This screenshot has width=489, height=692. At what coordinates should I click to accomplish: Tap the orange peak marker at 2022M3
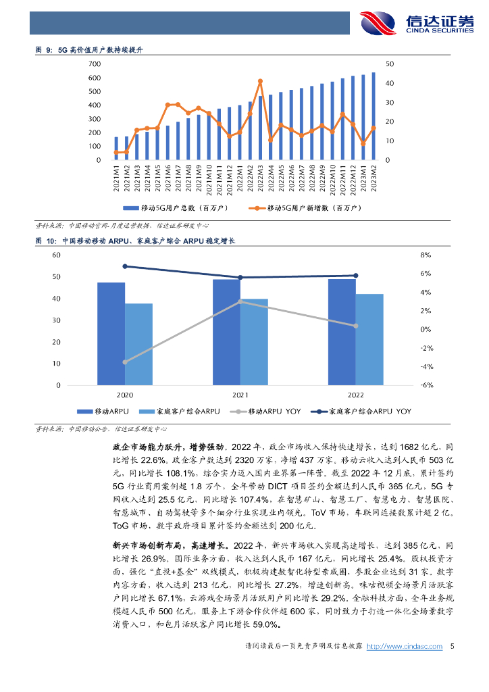click(x=260, y=81)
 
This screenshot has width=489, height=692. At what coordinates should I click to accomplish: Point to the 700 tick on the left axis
click(x=95, y=64)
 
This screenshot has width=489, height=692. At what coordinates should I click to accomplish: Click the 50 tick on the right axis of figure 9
click(x=390, y=64)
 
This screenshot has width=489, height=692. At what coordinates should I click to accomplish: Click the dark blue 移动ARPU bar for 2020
click(x=111, y=333)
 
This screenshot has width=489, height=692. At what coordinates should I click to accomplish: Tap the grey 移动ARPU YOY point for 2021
click(x=240, y=301)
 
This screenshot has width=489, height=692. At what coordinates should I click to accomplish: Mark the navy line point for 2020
click(x=125, y=266)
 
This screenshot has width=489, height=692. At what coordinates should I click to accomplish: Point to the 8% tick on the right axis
click(x=425, y=255)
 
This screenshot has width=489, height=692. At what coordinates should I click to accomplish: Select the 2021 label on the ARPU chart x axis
click(x=240, y=394)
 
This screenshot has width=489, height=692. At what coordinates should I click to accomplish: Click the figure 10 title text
click(x=135, y=241)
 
